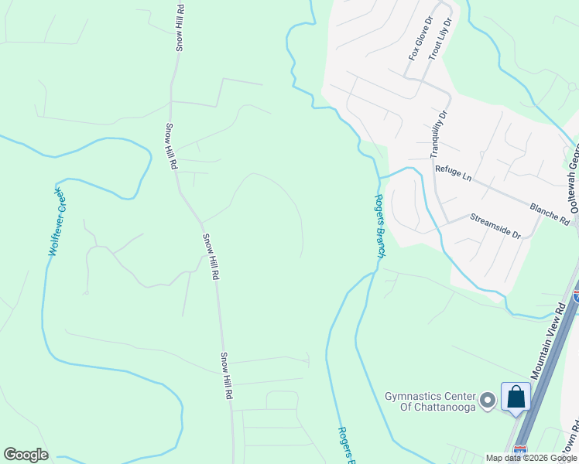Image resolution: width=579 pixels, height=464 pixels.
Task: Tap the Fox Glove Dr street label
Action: pos(418,43)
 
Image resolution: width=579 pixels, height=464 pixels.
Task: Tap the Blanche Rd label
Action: pos(550,210)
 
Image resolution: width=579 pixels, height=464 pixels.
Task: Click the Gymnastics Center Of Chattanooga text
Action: pos(430,402)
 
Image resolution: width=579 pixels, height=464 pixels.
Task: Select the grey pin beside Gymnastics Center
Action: pos(488,400)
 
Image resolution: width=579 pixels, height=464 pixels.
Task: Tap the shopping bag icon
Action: pos(515,397)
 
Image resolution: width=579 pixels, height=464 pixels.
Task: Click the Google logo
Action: pos(26,455)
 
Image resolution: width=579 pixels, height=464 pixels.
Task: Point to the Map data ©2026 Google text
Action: pos(531,458)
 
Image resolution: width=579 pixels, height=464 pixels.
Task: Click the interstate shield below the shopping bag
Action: pos(519,449)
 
